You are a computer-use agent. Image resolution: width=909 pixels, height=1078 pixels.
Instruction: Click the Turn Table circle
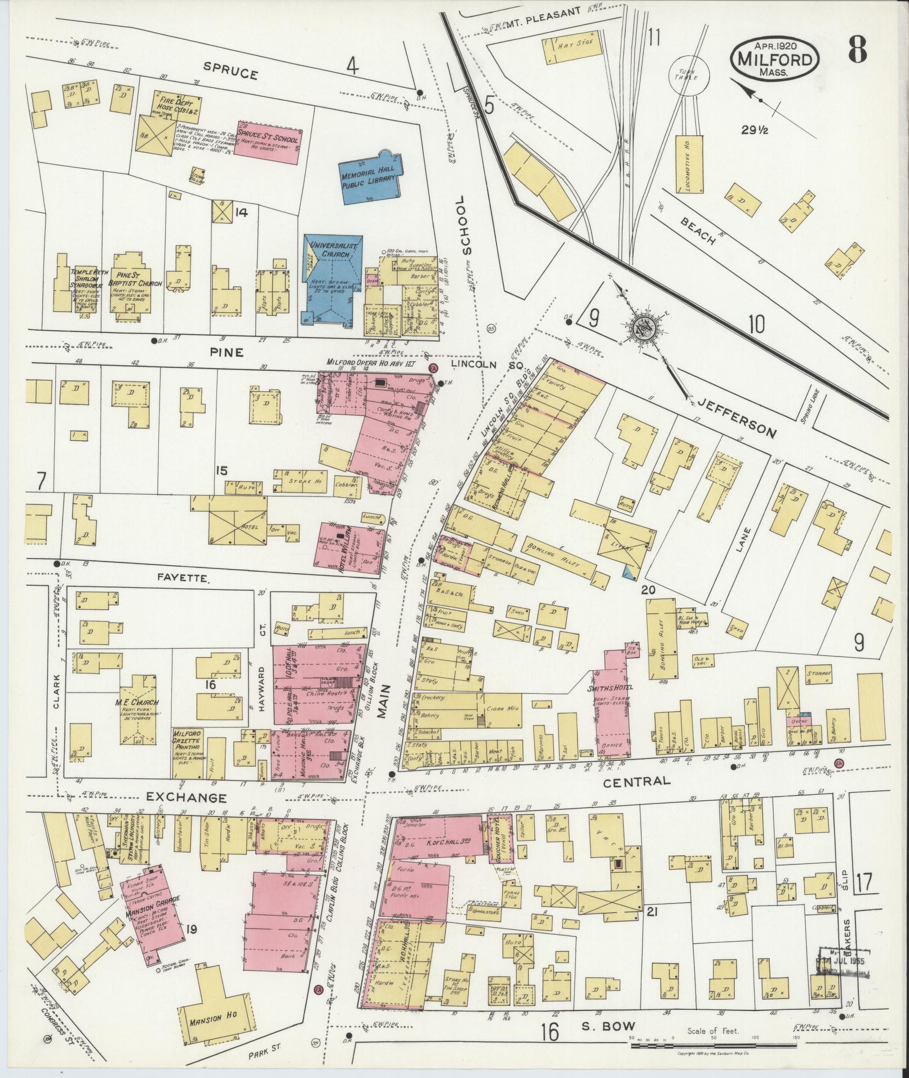[688, 76]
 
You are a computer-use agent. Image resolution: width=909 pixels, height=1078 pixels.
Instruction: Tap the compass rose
[644, 329]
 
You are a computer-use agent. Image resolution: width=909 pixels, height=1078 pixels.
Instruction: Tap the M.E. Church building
[137, 709]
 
